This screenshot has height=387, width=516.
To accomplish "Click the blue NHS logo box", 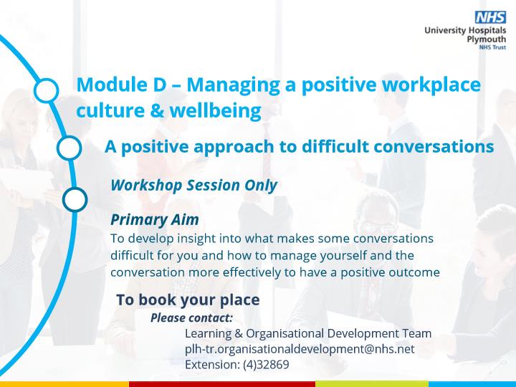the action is [490, 17].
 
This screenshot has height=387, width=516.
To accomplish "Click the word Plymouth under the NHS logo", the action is [487, 39].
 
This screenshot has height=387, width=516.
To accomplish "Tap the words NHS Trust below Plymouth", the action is [492, 47].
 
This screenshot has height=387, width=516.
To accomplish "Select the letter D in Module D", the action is [160, 85].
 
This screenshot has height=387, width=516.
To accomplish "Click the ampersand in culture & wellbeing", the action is [157, 110].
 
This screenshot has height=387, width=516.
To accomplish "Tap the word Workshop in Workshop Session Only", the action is [147, 186].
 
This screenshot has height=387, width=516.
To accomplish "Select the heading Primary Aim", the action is [155, 219].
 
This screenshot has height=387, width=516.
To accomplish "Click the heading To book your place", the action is [188, 300].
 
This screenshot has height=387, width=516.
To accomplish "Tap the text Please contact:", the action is [191, 318].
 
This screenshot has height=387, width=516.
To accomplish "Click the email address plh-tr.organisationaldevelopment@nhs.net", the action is [300, 349].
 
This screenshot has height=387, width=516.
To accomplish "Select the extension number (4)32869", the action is [266, 365].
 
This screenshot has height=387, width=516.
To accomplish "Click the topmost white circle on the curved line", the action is [46, 90].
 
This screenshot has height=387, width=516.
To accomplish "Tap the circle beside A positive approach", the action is [69, 148].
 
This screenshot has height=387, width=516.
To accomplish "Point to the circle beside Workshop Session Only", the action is [75, 199].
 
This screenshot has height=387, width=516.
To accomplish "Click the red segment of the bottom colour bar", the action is [222, 384].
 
